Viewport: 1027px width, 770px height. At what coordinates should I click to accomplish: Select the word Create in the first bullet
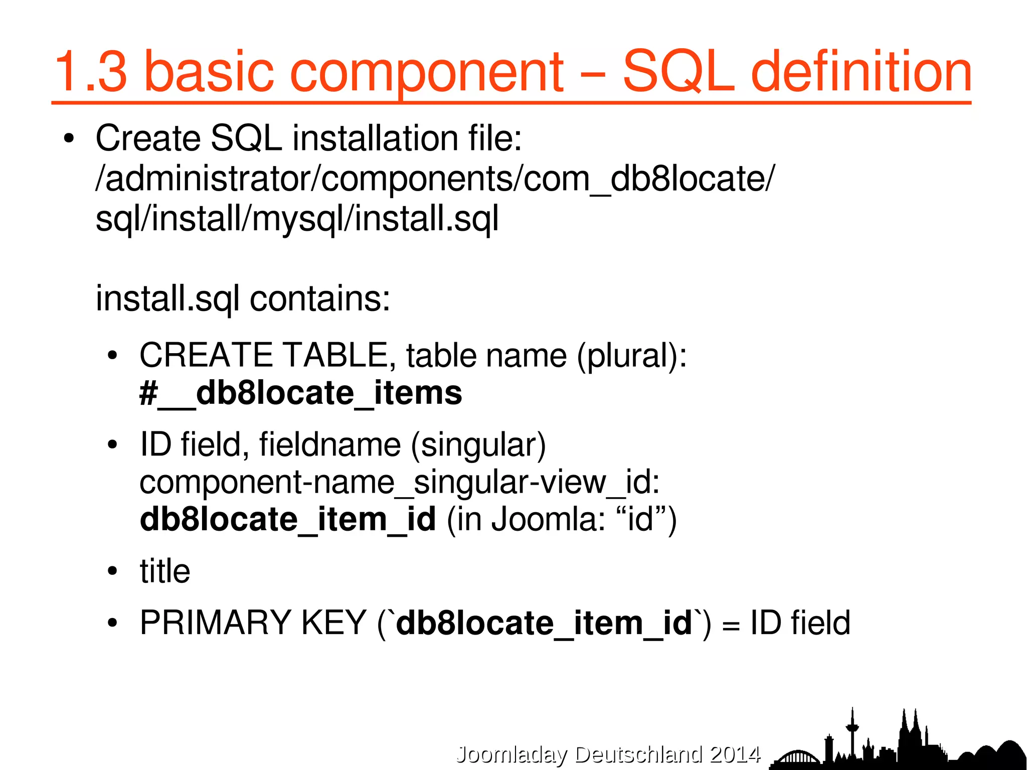tap(148, 138)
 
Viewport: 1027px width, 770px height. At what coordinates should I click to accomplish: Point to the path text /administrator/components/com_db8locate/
tap(435, 179)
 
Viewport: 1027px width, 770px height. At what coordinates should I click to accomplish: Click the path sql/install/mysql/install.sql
tap(297, 219)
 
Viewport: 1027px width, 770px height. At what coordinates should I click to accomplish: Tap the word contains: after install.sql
tap(320, 299)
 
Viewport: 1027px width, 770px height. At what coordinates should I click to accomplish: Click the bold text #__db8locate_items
tap(301, 393)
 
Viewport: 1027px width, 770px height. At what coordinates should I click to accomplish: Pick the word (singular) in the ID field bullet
tap(478, 445)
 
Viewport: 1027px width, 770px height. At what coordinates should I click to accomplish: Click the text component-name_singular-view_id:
tap(399, 482)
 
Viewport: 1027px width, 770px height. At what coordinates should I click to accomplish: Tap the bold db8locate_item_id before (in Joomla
tap(288, 519)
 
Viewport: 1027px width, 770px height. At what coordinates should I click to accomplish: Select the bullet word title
tap(165, 571)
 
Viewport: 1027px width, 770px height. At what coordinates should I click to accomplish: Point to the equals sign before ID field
tap(731, 625)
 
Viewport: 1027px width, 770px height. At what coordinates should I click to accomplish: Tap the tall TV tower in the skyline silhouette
tap(852, 730)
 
